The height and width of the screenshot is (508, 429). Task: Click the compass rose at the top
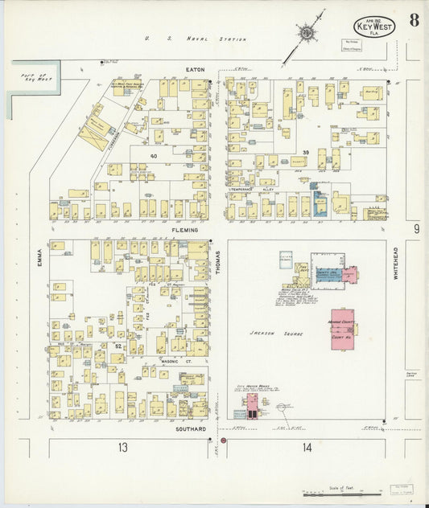[308, 33]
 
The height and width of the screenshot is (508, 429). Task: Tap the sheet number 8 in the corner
[413, 21]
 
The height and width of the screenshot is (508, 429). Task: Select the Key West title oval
[373, 27]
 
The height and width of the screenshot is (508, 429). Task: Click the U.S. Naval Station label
[195, 39]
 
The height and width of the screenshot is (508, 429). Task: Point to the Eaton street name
[196, 70]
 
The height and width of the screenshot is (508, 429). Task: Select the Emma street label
[38, 256]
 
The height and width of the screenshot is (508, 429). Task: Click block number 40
[153, 155]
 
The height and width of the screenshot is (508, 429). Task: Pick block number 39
[305, 152]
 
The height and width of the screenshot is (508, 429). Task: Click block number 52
[118, 346]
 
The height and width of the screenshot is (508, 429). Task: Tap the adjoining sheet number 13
[122, 447]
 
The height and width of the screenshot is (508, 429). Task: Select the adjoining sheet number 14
[307, 447]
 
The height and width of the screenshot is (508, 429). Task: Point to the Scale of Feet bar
[343, 493]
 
